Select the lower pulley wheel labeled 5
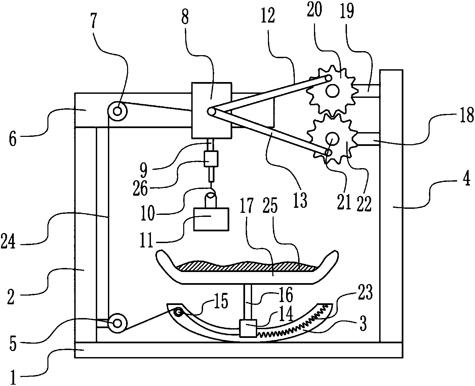pyautogui.click(x=117, y=323)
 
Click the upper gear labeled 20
pyautogui.click(x=332, y=90)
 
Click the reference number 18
pyautogui.click(x=467, y=116)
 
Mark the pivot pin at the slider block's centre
pyautogui.click(x=211, y=112)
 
